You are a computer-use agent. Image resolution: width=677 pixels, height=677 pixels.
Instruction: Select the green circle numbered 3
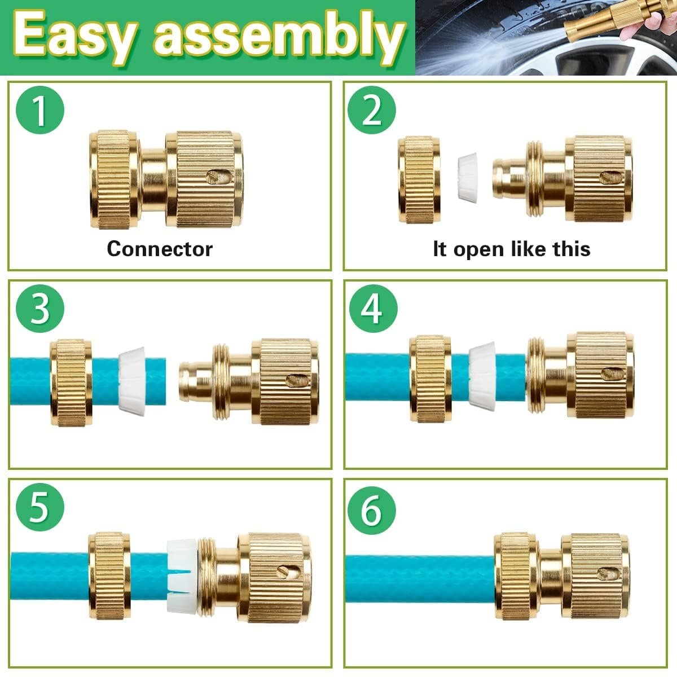(x=39, y=309)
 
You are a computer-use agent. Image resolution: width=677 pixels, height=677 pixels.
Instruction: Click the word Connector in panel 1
(x=160, y=249)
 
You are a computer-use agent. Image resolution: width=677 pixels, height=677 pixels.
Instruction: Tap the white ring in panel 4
(x=482, y=375)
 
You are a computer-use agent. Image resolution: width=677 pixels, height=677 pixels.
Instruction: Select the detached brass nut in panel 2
(x=419, y=179)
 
